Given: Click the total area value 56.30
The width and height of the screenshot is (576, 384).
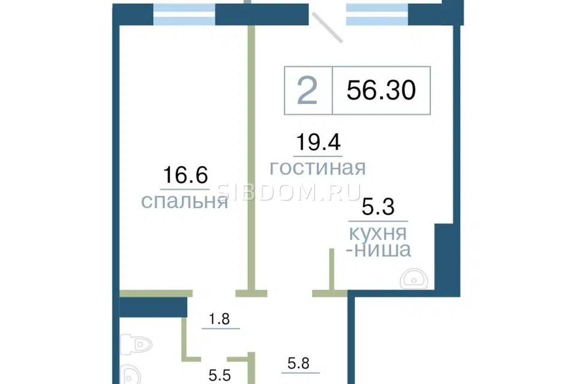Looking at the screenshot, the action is [x=381, y=91].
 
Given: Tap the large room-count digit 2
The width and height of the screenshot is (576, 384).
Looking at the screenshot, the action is [x=307, y=91].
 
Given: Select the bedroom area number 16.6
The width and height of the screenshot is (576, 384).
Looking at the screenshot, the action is [x=185, y=175].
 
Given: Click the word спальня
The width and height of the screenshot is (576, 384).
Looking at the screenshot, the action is [x=185, y=202].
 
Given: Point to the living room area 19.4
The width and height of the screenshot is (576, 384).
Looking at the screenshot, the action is [x=318, y=142].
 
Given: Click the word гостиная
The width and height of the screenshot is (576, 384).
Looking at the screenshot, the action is [x=318, y=168].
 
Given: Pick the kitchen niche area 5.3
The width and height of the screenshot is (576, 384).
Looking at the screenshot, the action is [x=378, y=206].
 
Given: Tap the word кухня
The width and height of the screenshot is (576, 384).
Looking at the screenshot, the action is [x=378, y=233].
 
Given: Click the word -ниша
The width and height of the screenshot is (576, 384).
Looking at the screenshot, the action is [x=379, y=250].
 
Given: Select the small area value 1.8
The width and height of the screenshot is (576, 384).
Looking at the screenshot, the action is [x=220, y=319].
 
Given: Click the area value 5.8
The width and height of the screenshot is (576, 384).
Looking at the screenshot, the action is [x=298, y=364].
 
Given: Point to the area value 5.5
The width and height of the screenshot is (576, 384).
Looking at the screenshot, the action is [x=220, y=376].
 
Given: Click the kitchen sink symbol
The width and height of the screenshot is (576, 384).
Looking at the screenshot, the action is [x=414, y=278].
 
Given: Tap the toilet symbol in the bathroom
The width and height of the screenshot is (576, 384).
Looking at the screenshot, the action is [x=136, y=344].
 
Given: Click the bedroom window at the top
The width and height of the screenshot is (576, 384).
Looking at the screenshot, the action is [x=184, y=14].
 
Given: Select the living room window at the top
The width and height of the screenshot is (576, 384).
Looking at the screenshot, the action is [x=377, y=14].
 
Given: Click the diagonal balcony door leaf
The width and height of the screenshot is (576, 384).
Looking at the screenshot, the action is [x=328, y=27].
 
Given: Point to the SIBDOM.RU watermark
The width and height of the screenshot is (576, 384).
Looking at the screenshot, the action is [x=289, y=192].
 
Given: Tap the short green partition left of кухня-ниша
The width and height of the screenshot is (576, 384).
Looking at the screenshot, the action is [x=332, y=269].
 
